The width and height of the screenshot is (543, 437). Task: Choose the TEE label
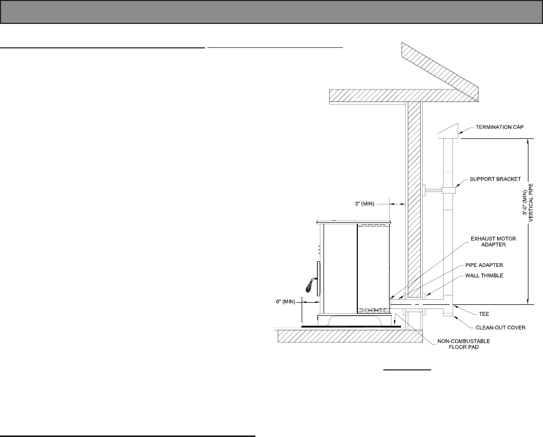tap(484, 314)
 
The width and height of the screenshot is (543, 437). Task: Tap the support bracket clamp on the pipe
tap(448, 191)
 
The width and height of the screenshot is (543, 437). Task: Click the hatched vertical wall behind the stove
tap(415, 198)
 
